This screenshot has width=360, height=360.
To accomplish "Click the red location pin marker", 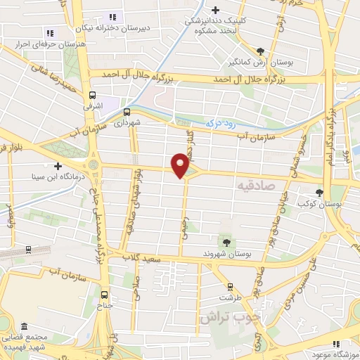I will click(181, 165).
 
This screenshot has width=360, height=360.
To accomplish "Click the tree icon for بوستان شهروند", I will click(226, 241).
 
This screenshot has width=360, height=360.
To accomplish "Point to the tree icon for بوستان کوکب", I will click(321, 192).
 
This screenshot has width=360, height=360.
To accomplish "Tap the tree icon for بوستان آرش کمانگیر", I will click(262, 51).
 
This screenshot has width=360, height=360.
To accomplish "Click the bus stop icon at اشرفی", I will click(93, 94).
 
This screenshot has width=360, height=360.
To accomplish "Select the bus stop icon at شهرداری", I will click(127, 110).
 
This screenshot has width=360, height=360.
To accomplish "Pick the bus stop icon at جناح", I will click(104, 295).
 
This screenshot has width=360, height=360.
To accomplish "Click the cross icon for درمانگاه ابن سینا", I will click(58, 167).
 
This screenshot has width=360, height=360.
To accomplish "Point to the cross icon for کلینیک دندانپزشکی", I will click(216, 10).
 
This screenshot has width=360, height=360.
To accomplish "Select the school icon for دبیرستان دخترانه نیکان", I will click(112, 17).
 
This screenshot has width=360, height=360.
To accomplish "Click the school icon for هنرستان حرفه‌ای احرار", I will click(49, 32).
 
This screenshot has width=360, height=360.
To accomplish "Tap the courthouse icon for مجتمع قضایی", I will click(25, 328).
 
